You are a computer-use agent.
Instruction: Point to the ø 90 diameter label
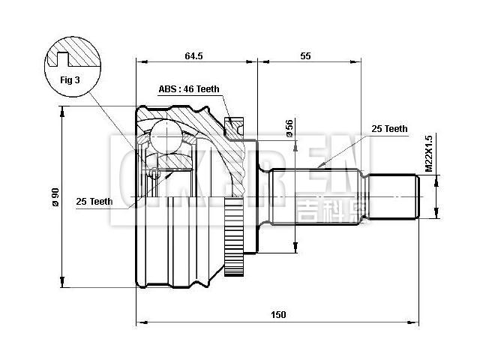tap(55, 198)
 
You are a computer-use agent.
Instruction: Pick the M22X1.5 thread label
tap(429, 154)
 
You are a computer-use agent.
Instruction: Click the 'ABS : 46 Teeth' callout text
tap(189, 89)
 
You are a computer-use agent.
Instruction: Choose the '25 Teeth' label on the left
tap(94, 201)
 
